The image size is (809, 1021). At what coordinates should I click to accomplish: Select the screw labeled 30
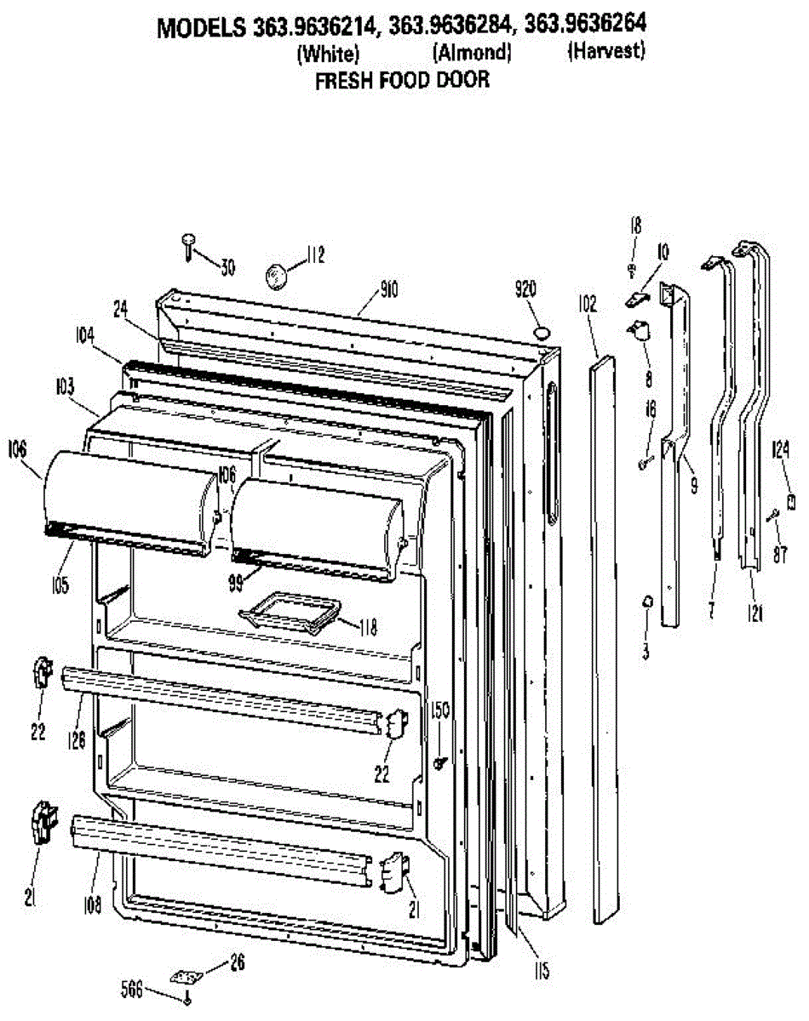coord(187,245)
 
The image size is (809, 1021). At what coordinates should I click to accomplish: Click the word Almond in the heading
coord(472,53)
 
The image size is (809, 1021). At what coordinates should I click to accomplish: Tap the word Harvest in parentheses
coord(606,51)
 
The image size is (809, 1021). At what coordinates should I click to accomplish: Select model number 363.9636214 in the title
coord(314,27)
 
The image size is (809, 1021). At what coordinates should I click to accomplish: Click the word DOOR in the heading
coord(463,81)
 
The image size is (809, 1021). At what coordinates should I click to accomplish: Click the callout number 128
coord(77,741)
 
